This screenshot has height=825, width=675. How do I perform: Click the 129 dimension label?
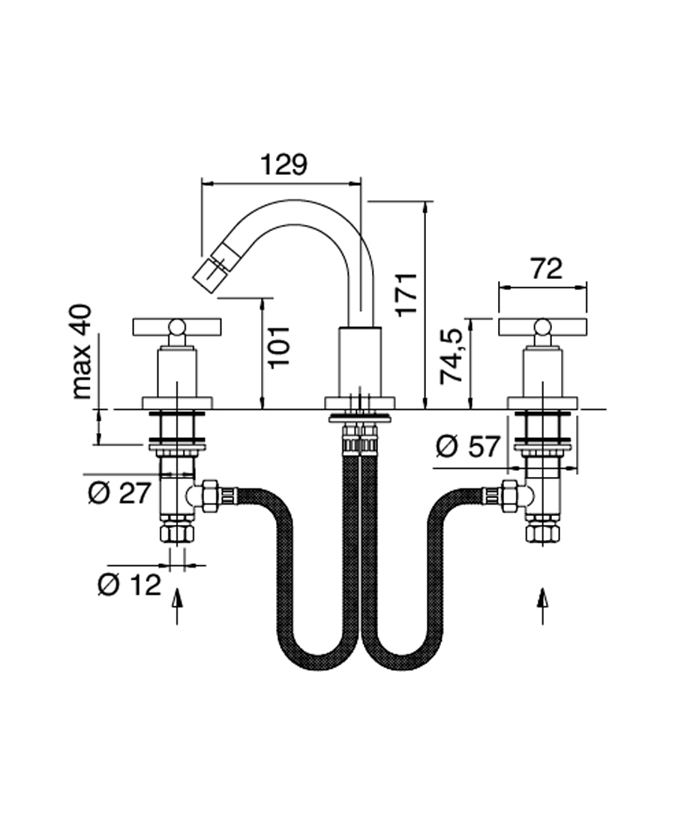(x=283, y=164)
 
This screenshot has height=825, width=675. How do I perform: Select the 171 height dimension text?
(x=406, y=294)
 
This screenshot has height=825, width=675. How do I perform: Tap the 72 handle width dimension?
(x=546, y=268)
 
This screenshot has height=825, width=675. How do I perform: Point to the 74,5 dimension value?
(x=453, y=355)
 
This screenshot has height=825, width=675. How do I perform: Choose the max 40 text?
(x=82, y=351)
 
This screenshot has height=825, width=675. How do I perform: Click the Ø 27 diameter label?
(x=120, y=493)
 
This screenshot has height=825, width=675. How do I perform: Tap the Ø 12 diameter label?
(x=130, y=584)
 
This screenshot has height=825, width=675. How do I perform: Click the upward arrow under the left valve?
(x=177, y=605)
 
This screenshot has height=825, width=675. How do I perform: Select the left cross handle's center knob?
(x=177, y=326)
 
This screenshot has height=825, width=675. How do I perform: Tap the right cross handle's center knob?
(x=542, y=326)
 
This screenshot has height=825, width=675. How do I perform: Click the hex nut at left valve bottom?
(x=177, y=533)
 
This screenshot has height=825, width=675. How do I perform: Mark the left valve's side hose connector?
(x=211, y=495)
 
